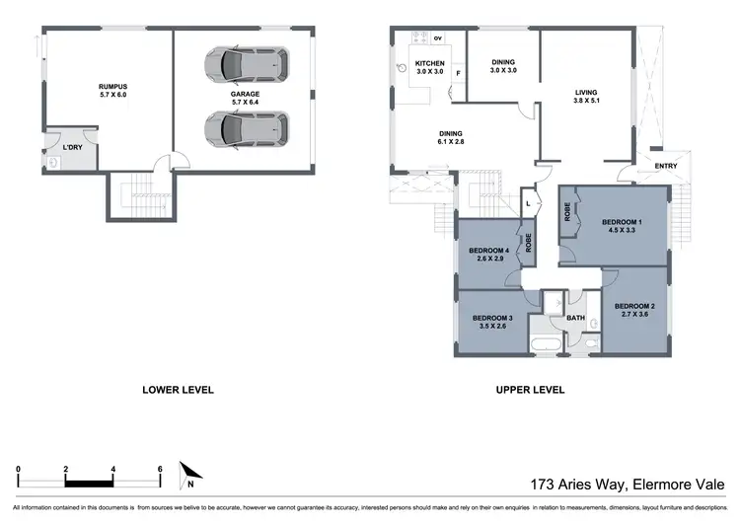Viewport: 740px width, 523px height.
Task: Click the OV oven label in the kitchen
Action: (438, 41)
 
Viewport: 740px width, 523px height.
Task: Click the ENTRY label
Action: (666, 166)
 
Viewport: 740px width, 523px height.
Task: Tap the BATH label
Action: (575, 318)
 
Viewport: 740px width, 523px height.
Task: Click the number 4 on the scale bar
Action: (113, 468)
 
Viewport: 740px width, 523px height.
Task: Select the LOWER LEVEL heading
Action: (179, 390)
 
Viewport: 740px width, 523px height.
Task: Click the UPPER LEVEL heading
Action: (530, 390)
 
